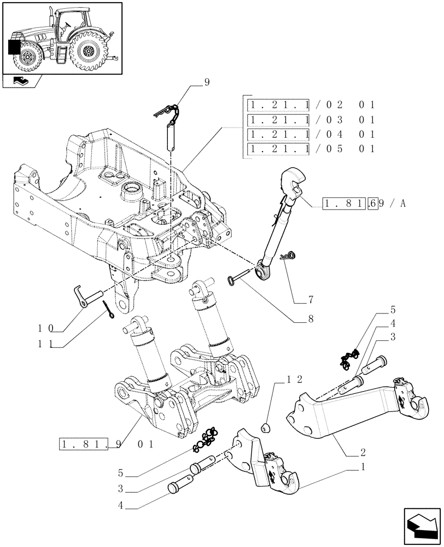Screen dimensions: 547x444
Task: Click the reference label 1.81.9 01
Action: [107, 444]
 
